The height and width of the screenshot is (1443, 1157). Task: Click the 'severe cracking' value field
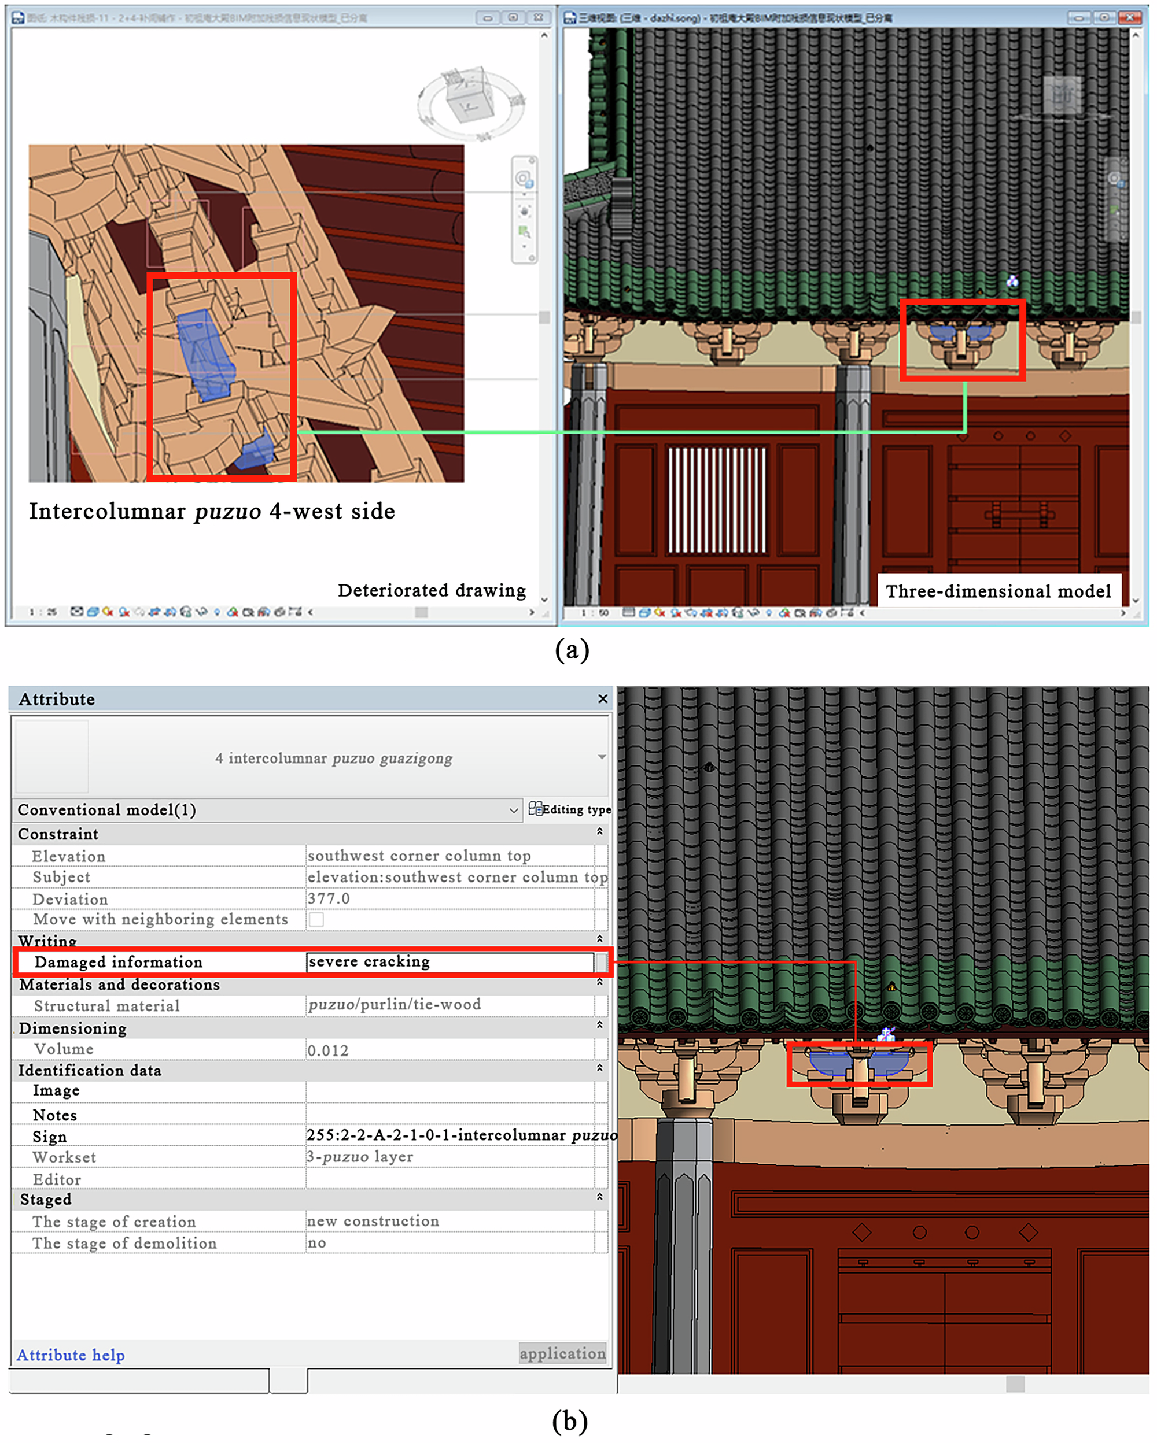coord(448,962)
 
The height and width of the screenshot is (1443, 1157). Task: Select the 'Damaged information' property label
coord(119,963)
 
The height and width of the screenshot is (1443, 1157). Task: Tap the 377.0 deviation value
coord(329,898)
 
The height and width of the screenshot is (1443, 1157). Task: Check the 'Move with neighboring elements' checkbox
coord(316,920)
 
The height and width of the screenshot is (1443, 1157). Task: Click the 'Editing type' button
coord(570,809)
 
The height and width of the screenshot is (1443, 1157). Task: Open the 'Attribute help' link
coord(71,1355)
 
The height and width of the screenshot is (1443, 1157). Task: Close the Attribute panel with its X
coord(603,699)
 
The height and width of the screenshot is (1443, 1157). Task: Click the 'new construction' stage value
coord(373,1222)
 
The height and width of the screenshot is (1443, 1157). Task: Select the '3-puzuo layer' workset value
coord(360,1157)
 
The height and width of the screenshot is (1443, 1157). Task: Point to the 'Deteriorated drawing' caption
coord(432,590)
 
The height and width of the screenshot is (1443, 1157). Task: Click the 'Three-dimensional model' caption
coord(998,591)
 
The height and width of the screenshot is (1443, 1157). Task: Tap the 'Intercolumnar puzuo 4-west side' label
coord(212,511)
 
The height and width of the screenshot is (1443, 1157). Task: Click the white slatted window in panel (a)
coord(716,500)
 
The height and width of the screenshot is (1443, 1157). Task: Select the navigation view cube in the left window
coord(471,102)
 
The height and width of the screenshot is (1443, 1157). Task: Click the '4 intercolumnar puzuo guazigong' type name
coord(333,758)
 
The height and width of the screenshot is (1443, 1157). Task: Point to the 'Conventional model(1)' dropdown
coord(268,810)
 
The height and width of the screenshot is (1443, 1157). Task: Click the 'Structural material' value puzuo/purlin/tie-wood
coord(395,1005)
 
